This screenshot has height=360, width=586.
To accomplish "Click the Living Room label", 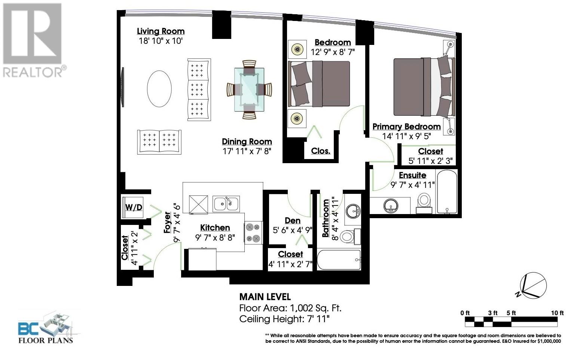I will [x=161, y=31].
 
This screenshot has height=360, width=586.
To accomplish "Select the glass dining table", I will [x=249, y=89].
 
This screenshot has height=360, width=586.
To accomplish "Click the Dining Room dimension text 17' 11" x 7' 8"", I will [x=247, y=151].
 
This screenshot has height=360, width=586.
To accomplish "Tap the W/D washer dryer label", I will [x=133, y=207].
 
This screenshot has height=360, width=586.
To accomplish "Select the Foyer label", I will [x=167, y=223].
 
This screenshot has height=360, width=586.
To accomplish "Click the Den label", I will [x=292, y=220].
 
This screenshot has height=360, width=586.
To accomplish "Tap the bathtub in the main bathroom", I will [x=339, y=260].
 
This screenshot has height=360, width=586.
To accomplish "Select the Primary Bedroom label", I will [x=406, y=127].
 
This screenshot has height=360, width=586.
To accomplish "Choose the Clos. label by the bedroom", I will [x=321, y=151].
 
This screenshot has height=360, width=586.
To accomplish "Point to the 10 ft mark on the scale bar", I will [x=557, y=313].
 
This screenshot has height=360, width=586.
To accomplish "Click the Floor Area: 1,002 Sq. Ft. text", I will [x=290, y=308].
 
